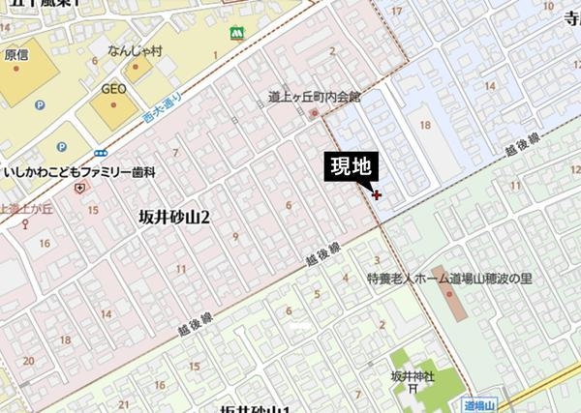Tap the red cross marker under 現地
coord(377,195)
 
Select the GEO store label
coord(114,89)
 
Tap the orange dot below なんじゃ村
coord(134,69)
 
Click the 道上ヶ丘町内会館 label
coord(314,97)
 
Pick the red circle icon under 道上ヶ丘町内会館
coord(314,112)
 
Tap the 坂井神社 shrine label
coord(413,375)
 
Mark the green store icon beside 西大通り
coord(235,33)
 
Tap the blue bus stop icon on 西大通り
coord(101,152)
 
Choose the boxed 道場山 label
coord(479,405)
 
